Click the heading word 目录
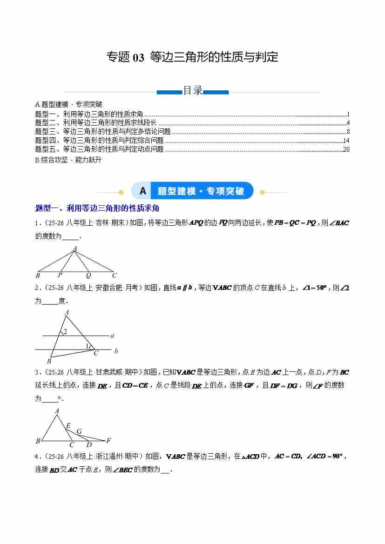[x=192, y=91]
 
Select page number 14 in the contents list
[x=346, y=141]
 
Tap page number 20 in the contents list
[x=346, y=149]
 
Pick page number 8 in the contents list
[x=348, y=132]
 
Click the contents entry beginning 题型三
[x=103, y=132]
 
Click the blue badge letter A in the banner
[x=142, y=191]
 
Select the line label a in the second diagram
[x=113, y=335]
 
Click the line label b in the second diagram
[x=116, y=351]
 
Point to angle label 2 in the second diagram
[x=66, y=332]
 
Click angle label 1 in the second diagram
[x=87, y=346]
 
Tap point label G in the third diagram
[x=79, y=431]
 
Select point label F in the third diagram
[x=108, y=440]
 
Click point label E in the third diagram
[x=68, y=426]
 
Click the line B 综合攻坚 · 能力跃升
[x=68, y=160]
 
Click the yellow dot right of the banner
[x=262, y=192]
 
